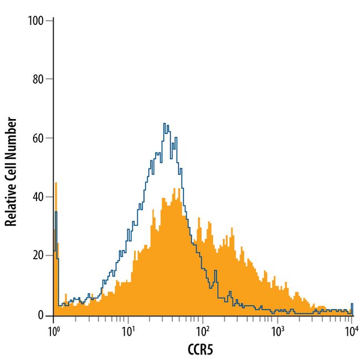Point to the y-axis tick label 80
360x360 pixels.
38,79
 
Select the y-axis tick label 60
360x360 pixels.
38,138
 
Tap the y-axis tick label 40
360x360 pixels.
38,197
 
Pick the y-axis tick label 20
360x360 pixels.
38,255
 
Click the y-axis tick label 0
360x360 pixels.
42,315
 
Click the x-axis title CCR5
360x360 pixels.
203,349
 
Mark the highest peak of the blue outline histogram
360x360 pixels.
164,124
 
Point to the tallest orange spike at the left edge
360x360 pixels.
56,183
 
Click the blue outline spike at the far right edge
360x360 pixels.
352,304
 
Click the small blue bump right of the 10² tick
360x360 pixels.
215,271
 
